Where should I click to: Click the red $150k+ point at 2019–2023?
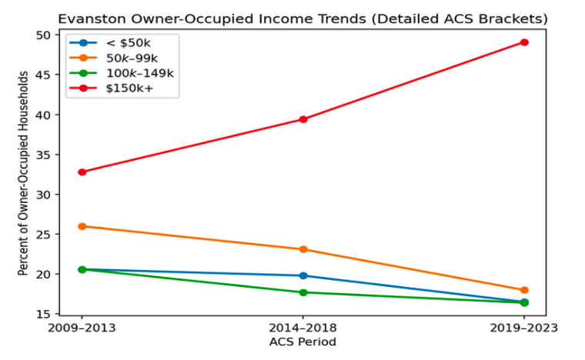click(x=524, y=42)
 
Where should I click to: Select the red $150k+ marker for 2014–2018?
click(x=303, y=119)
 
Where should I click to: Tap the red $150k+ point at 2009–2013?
click(x=82, y=172)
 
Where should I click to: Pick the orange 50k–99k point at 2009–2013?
click(x=82, y=226)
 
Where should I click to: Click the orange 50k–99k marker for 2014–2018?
click(x=303, y=249)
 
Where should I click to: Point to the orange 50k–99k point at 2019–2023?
click(x=524, y=290)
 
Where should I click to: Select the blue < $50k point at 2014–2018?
click(x=303, y=275)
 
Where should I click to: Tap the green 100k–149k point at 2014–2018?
click(x=303, y=292)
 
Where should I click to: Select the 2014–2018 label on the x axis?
click(x=303, y=327)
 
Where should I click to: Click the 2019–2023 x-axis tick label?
click(x=524, y=327)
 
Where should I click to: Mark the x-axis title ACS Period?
click(x=303, y=341)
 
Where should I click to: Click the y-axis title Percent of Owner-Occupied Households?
click(x=24, y=174)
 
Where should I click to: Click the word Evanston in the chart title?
click(x=91, y=18)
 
